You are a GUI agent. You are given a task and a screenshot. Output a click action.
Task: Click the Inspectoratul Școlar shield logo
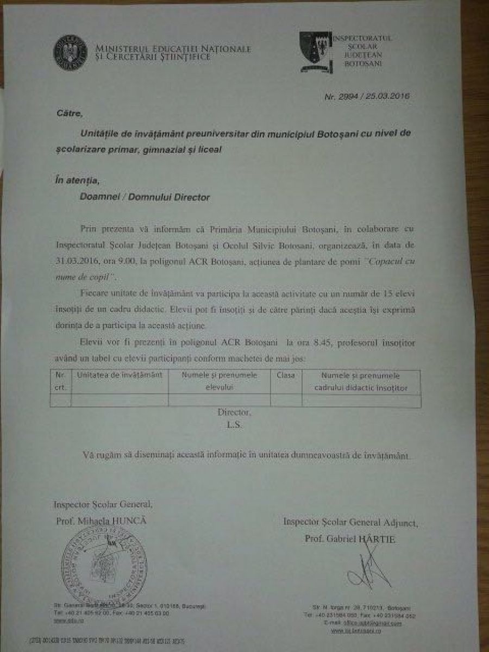[x=315, y=52]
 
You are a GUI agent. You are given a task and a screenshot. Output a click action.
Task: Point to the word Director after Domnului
[x=191, y=198]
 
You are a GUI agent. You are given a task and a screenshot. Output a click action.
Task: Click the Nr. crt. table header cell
[x=60, y=381]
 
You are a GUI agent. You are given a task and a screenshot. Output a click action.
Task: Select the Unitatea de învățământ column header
[x=120, y=375]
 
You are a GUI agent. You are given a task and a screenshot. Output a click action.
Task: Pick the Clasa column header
[x=286, y=375]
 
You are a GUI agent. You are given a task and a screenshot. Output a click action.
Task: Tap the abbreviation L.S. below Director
[x=235, y=425]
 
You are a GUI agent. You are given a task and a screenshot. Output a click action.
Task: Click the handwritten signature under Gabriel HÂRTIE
[x=369, y=570]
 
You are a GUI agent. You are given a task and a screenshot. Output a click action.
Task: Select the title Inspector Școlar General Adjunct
[x=350, y=523]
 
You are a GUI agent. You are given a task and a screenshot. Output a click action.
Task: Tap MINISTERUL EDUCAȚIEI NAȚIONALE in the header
[x=173, y=49]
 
